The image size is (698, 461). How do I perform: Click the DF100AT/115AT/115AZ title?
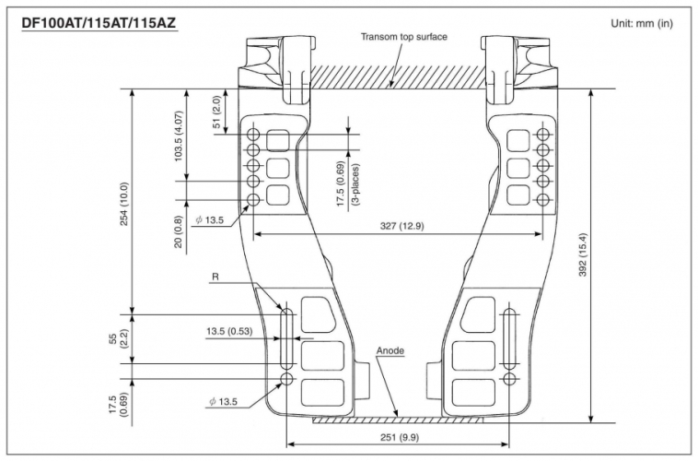click(x=99, y=22)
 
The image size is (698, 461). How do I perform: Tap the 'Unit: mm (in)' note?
click(x=642, y=23)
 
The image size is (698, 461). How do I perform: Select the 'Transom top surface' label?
click(x=403, y=37)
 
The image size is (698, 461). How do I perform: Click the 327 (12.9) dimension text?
click(x=402, y=226)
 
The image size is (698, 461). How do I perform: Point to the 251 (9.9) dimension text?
click(x=400, y=437)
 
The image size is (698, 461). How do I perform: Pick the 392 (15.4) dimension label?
click(x=583, y=254)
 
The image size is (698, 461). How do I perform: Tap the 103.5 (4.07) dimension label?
click(x=179, y=136)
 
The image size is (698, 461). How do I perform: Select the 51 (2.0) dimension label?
click(x=216, y=112)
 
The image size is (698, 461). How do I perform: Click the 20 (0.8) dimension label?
click(x=178, y=231)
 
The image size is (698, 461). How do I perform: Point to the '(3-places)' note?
click(x=355, y=184)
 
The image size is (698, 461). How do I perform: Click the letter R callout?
click(x=215, y=277)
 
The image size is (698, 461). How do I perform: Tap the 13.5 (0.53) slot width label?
click(x=229, y=331)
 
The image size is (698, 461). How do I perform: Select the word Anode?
click(x=390, y=350)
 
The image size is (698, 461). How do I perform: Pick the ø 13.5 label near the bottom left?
click(x=224, y=402)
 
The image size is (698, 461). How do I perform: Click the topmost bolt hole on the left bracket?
click(x=253, y=134)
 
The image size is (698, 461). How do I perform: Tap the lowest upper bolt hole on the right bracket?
click(x=542, y=199)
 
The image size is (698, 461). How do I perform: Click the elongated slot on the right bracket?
click(x=509, y=338)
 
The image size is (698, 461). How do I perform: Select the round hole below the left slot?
click(x=286, y=379)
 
